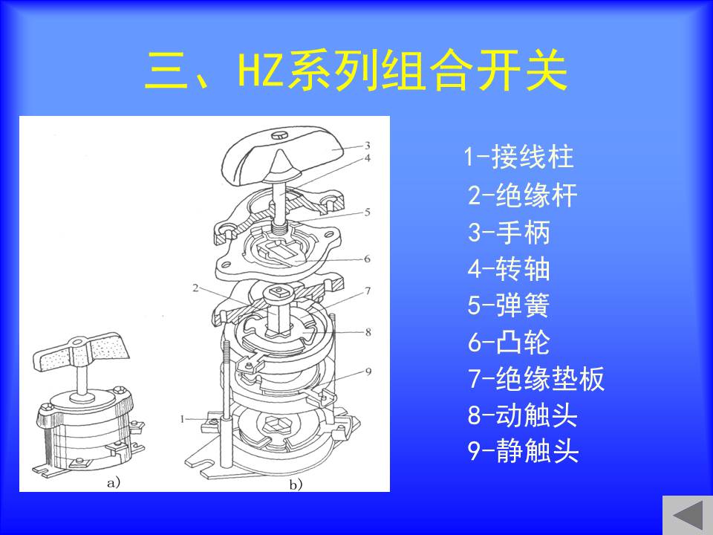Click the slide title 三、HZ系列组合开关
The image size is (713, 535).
pyautogui.click(x=356, y=71)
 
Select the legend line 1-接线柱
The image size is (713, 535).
pyautogui.click(x=519, y=157)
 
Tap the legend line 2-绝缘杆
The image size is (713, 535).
pyautogui.click(x=522, y=195)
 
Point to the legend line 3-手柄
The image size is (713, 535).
pyautogui.click(x=509, y=232)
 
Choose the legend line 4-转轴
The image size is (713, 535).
pyautogui.click(x=509, y=268)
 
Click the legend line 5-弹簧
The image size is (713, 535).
pyautogui.click(x=509, y=305)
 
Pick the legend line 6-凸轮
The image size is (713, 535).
pyautogui.click(x=509, y=342)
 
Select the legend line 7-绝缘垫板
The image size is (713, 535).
pyautogui.click(x=536, y=378)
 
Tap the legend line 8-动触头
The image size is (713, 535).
pyautogui.click(x=522, y=415)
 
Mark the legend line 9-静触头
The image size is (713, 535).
pyautogui.click(x=523, y=450)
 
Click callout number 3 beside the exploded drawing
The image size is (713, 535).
pyautogui.click(x=368, y=146)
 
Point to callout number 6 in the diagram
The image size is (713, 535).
pyautogui.click(x=367, y=259)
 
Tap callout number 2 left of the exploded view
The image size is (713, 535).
pyautogui.click(x=195, y=288)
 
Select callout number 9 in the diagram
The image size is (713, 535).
pyautogui.click(x=368, y=372)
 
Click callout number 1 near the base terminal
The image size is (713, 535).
pyautogui.click(x=183, y=419)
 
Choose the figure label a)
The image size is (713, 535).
pyautogui.click(x=113, y=482)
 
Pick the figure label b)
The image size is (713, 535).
pyautogui.click(x=296, y=485)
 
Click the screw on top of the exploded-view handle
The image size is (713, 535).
pyautogui.click(x=279, y=135)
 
